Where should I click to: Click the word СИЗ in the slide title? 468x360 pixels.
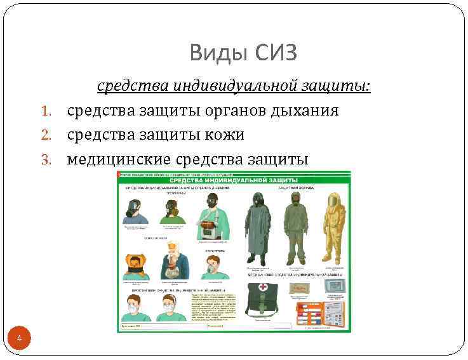(276, 53)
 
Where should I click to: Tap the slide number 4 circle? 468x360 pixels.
(19, 338)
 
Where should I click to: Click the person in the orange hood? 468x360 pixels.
(135, 267)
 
